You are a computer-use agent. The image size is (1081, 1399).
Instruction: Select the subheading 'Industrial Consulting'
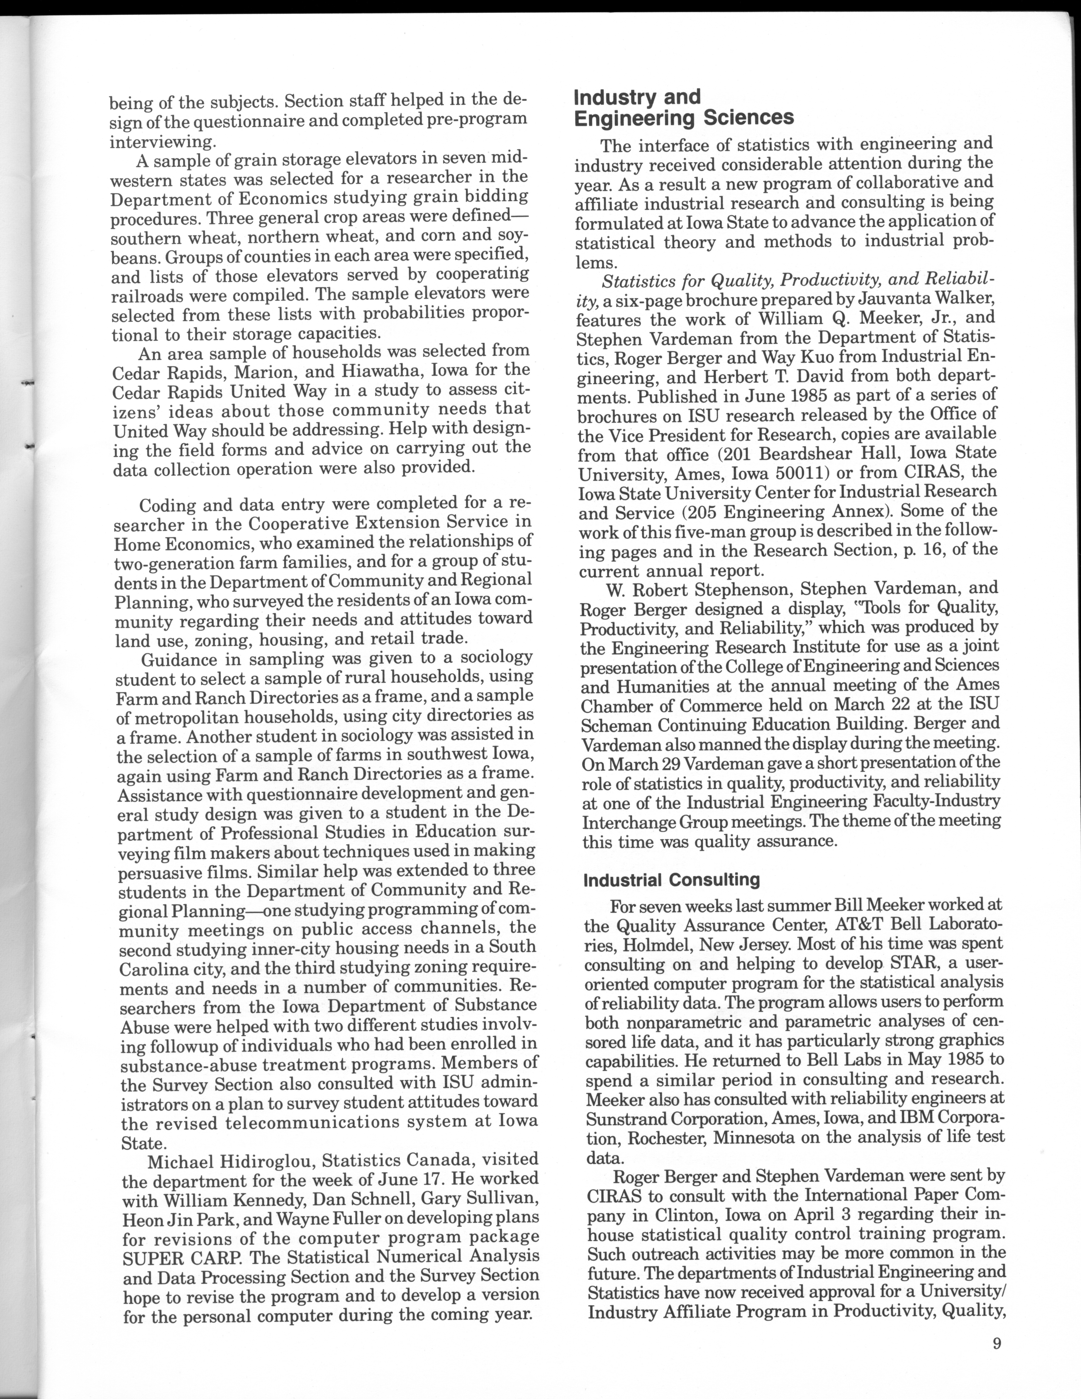click(671, 880)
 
